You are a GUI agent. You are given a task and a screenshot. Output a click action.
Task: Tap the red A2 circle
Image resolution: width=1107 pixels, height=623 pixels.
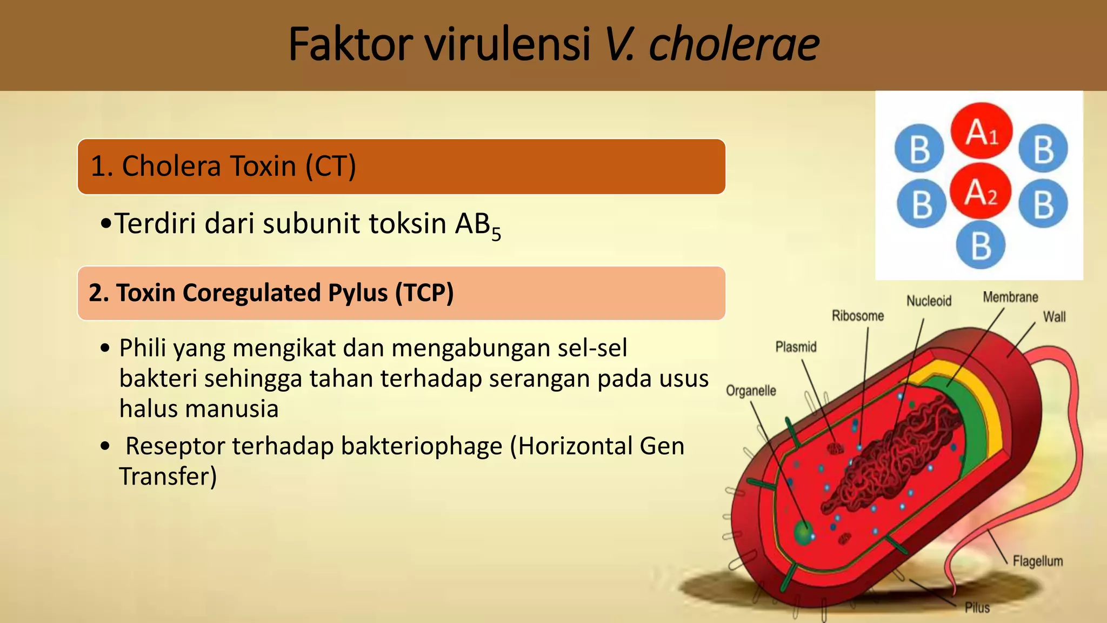click(980, 191)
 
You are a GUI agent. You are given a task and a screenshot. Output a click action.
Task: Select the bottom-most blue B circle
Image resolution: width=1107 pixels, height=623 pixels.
click(980, 245)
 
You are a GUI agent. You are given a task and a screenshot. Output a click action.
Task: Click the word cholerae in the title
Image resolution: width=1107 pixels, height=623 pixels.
click(733, 44)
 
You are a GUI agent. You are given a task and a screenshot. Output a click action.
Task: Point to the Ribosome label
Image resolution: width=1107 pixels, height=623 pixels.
click(857, 316)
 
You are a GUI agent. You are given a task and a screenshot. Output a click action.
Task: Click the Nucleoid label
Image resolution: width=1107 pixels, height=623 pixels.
click(929, 301)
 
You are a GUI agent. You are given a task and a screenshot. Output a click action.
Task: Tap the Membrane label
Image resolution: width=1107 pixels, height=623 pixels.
click(1010, 297)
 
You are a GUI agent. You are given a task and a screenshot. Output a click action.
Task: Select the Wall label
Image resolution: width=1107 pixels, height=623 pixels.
click(1054, 317)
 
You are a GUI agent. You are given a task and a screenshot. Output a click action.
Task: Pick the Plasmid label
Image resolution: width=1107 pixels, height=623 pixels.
click(796, 347)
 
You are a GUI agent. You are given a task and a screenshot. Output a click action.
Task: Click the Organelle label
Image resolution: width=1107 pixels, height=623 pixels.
click(751, 390)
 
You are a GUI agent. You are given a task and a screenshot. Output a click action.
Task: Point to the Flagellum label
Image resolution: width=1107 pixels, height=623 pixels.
click(1037, 561)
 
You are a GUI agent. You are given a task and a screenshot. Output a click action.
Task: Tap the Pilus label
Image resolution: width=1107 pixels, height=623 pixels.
click(977, 608)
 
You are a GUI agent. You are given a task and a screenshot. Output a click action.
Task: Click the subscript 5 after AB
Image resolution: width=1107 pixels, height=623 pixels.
click(496, 235)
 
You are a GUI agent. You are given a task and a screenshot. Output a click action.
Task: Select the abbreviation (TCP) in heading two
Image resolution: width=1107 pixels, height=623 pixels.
click(424, 293)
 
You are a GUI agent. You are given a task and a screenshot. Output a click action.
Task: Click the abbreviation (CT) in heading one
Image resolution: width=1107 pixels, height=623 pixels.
click(330, 166)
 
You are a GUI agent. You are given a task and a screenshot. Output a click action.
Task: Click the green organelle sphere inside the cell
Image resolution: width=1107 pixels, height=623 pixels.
click(803, 533)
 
